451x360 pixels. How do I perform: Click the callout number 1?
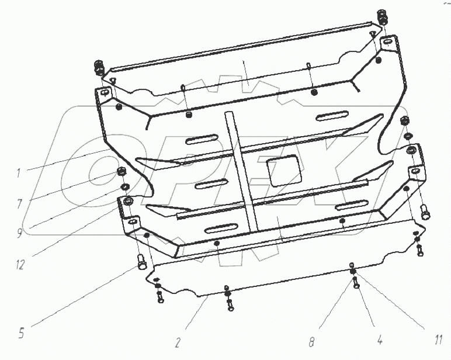(x=18, y=173)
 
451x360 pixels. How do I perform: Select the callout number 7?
(x=19, y=204)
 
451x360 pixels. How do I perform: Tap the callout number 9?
(x=19, y=233)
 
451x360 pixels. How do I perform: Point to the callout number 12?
(x=20, y=265)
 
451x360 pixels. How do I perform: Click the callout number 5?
(x=21, y=333)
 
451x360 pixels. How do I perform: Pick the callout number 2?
(x=178, y=342)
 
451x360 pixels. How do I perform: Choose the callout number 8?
(x=312, y=341)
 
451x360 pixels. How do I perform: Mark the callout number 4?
(x=380, y=341)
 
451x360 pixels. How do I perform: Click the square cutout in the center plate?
(x=285, y=170)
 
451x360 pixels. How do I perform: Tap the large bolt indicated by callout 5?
(x=141, y=262)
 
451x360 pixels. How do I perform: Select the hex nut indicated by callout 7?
(x=122, y=173)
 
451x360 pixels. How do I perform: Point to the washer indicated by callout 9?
(x=124, y=186)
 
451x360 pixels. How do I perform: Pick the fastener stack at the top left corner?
(x=99, y=68)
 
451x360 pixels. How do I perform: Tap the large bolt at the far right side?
(x=425, y=212)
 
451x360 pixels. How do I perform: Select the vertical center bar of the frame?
(x=241, y=171)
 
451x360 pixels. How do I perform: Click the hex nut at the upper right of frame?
(x=404, y=120)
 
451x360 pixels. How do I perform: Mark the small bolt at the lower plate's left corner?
(x=160, y=296)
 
